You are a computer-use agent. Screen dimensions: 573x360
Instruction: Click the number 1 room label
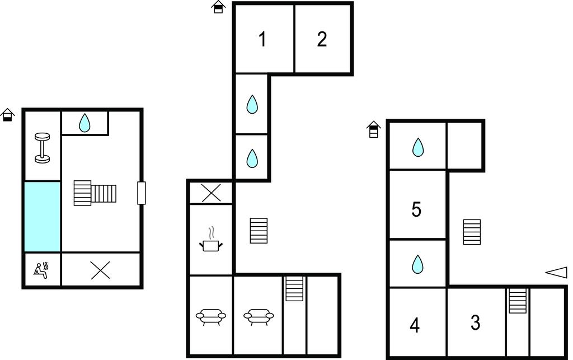click(262, 39)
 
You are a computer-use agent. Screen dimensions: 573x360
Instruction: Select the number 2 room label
click(322, 39)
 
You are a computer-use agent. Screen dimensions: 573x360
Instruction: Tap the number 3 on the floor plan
click(475, 322)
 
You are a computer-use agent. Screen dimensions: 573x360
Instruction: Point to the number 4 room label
click(415, 325)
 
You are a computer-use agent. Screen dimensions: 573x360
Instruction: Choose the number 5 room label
click(416, 209)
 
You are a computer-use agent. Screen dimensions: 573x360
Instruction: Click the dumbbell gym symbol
click(42, 148)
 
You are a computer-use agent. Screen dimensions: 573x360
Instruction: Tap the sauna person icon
click(41, 270)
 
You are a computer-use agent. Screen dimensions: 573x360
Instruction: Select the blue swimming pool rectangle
click(43, 217)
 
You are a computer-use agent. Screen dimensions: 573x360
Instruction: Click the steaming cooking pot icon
click(211, 239)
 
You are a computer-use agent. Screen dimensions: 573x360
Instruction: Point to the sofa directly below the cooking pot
click(211, 316)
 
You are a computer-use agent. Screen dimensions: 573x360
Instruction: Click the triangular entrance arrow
click(556, 273)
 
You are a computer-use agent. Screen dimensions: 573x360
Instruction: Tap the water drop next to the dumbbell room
click(84, 123)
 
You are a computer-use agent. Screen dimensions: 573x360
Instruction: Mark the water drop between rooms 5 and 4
click(417, 264)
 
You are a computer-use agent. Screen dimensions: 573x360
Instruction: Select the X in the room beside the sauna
click(100, 271)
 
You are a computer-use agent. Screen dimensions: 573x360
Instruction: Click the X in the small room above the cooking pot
click(211, 193)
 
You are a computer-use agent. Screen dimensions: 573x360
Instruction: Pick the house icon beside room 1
click(218, 7)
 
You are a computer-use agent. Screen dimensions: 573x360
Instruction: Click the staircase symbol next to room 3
click(518, 301)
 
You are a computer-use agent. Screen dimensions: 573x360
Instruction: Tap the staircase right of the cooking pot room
click(259, 231)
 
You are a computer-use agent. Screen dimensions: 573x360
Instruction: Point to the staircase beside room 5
click(472, 232)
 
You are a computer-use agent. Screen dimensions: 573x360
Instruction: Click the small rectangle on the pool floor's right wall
click(142, 193)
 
